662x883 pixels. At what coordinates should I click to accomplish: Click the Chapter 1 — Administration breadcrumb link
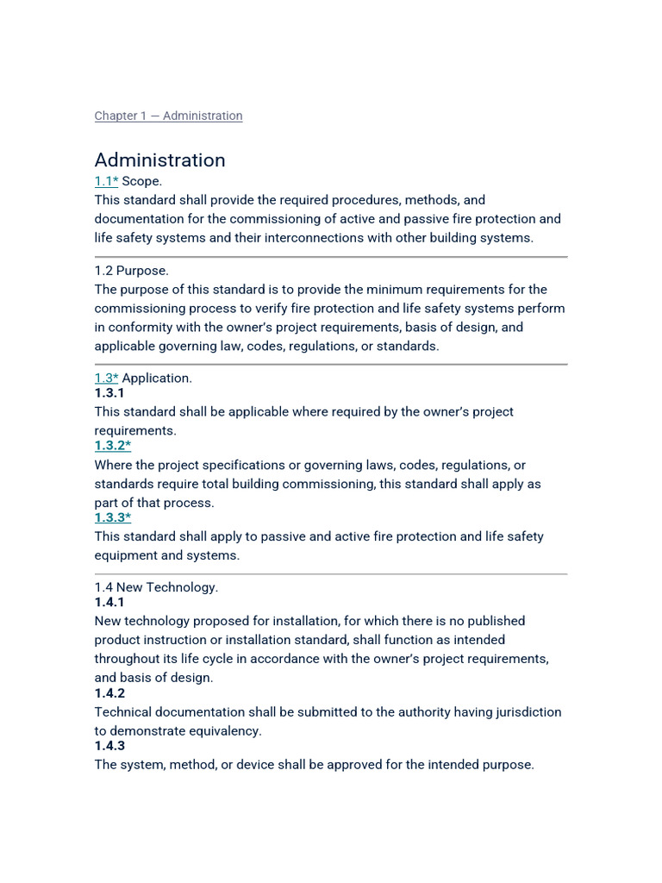click(x=168, y=116)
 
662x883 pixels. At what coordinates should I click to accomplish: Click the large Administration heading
click(x=159, y=160)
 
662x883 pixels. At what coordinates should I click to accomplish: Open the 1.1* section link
click(x=106, y=181)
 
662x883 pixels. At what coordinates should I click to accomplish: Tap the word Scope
click(x=142, y=181)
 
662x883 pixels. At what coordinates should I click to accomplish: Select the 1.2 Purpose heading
click(x=132, y=271)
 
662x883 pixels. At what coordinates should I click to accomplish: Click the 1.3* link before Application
click(x=106, y=378)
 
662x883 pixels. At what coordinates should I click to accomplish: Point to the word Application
click(x=158, y=378)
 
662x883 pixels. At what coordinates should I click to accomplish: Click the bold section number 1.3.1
click(x=109, y=393)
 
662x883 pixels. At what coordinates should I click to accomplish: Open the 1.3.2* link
click(x=112, y=446)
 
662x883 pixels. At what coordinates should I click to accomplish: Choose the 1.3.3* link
click(x=112, y=517)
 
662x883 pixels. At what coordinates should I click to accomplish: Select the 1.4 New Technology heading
click(x=156, y=587)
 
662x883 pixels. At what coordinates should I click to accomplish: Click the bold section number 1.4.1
click(x=109, y=603)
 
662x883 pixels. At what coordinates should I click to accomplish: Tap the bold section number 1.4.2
click(x=109, y=693)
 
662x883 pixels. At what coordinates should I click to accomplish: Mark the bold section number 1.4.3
click(x=109, y=746)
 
